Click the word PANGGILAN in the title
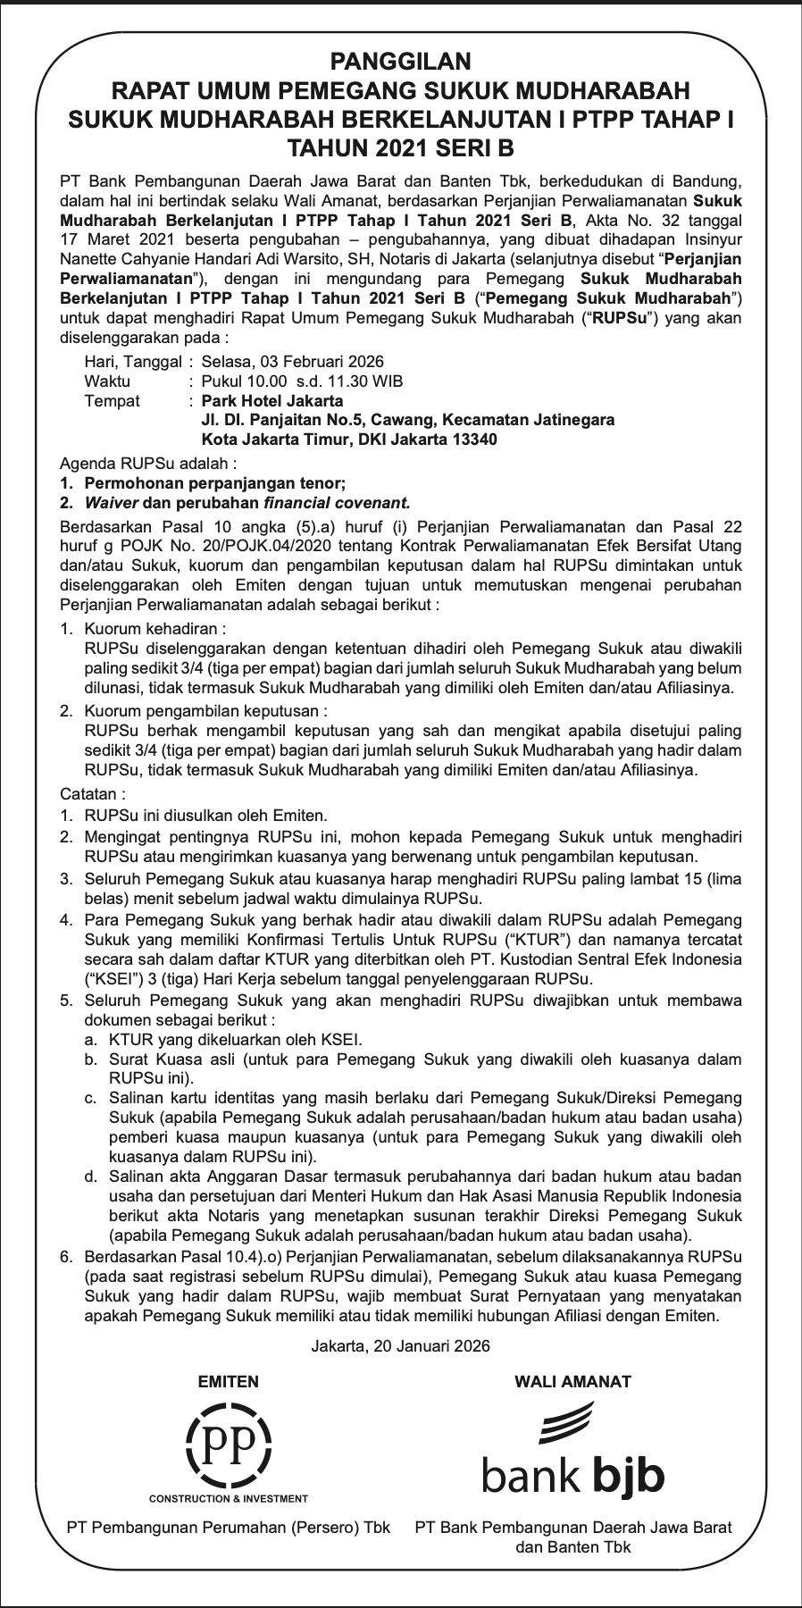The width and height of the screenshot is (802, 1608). [400, 62]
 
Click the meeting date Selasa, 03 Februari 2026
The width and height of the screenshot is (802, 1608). [293, 362]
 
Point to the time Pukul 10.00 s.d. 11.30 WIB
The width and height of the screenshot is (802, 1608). [302, 381]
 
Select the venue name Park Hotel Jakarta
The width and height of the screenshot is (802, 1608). [272, 401]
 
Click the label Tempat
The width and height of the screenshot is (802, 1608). [112, 401]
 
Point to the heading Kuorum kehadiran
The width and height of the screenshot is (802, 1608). [154, 629]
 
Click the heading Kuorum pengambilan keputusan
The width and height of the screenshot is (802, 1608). [205, 711]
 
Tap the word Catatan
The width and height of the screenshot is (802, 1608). [92, 793]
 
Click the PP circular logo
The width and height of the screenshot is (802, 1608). [228, 1443]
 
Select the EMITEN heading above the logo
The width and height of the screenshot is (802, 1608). [228, 1382]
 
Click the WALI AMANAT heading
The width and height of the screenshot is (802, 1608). [572, 1382]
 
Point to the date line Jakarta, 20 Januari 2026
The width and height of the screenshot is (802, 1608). [401, 1346]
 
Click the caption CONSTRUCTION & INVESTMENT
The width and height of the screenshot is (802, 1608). [229, 1499]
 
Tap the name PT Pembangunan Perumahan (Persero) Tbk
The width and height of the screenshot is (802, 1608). [229, 1528]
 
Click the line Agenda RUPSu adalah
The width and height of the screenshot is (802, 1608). [148, 465]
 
